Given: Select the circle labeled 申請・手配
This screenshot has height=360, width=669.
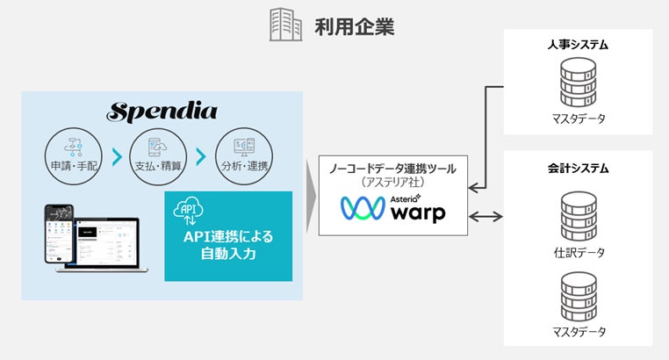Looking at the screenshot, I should [73, 156].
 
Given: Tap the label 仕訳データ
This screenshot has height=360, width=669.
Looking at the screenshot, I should [578, 253].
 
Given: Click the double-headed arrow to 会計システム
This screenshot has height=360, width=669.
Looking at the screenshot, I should [486, 215].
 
